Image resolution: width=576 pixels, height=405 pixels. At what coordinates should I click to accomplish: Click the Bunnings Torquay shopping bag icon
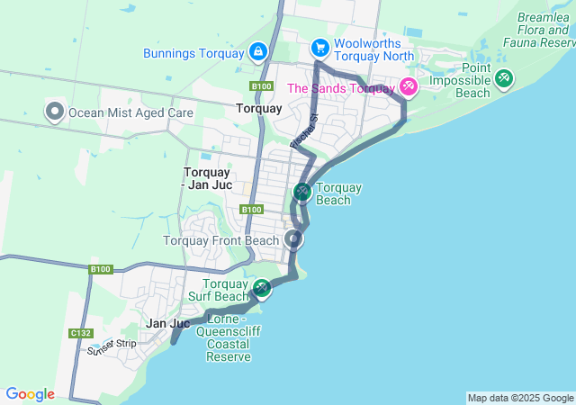tap(258, 52)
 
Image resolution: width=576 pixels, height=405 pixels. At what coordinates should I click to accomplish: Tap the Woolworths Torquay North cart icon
tap(319, 47)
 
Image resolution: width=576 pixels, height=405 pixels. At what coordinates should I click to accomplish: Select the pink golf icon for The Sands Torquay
tap(409, 86)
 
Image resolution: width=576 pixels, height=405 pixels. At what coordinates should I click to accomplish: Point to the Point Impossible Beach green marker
tap(503, 79)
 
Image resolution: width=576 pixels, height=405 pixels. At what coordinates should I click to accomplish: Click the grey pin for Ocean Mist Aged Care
tap(54, 112)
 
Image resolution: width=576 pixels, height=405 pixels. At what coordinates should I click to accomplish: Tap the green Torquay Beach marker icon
tap(302, 192)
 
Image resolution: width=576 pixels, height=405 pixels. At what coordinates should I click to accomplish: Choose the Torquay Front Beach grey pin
tap(293, 239)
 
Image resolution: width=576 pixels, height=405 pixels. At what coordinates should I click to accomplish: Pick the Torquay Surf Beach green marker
tap(262, 288)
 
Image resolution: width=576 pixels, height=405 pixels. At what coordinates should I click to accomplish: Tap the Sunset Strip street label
tap(112, 346)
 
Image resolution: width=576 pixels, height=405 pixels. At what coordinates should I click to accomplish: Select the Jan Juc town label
tap(167, 323)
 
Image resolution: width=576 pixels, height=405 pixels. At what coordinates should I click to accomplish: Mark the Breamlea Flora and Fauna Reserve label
tap(545, 30)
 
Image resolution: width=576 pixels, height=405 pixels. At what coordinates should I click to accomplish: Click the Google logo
tap(30, 394)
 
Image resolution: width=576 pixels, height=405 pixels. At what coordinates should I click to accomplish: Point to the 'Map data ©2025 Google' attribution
tap(519, 398)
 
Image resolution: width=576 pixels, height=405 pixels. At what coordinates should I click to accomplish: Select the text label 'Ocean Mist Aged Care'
tap(131, 112)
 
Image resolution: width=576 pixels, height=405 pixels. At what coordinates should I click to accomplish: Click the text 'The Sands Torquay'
tap(341, 88)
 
